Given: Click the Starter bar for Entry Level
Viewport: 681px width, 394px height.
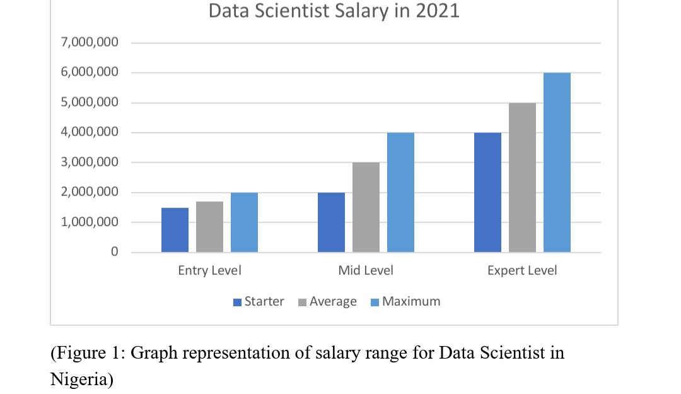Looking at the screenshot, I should [x=175, y=230].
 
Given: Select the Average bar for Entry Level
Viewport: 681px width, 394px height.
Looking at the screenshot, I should [x=209, y=227].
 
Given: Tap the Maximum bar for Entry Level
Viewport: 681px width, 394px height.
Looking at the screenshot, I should [x=244, y=222].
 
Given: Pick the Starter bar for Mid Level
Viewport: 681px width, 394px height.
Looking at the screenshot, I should [x=331, y=222].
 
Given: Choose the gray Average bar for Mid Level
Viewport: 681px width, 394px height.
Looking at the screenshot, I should [x=366, y=207].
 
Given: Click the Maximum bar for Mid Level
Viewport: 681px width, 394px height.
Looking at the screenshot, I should [x=400, y=193].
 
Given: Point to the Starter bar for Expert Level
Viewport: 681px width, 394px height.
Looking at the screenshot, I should [x=487, y=193].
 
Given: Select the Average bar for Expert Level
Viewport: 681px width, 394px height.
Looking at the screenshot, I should [x=522, y=177].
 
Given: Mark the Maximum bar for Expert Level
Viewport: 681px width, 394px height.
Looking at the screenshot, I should [x=557, y=162].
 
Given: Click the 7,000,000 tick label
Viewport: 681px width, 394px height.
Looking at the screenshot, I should [x=90, y=43].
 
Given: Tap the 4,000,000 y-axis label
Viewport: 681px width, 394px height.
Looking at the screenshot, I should [x=90, y=133].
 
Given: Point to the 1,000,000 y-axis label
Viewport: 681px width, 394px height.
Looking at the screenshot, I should [x=90, y=222].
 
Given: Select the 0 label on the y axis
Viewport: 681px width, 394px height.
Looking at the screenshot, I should [x=114, y=252].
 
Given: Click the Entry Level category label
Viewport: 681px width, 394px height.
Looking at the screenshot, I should [x=209, y=271].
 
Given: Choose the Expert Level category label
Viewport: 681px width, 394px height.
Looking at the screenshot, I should [x=522, y=271].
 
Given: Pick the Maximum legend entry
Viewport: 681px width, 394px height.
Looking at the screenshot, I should [x=410, y=302].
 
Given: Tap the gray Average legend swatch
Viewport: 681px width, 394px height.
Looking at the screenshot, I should [x=303, y=302].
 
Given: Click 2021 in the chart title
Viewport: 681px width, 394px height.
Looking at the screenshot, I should [x=437, y=11].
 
